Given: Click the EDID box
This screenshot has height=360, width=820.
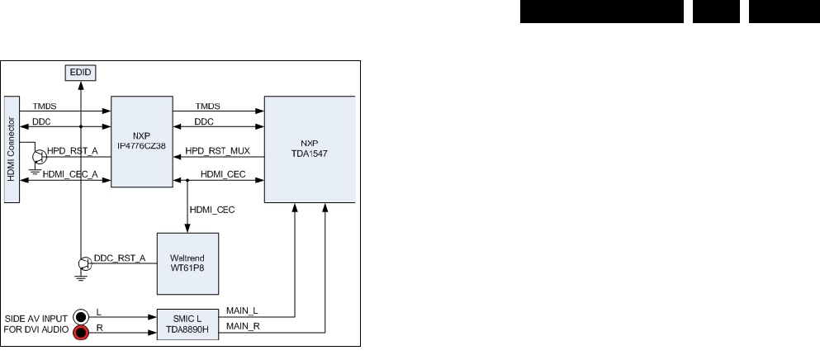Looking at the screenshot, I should click(x=81, y=73).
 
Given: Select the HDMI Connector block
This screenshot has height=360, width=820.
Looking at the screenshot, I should click(x=12, y=148).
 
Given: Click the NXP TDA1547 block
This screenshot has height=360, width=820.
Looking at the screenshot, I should click(x=310, y=149).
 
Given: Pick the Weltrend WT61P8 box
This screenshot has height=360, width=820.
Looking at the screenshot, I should click(x=187, y=263).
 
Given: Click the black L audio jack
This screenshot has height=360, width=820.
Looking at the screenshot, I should click(x=82, y=317).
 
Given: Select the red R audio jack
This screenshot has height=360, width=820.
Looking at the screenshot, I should click(x=82, y=334).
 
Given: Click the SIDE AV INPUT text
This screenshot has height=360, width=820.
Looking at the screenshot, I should click(x=36, y=318).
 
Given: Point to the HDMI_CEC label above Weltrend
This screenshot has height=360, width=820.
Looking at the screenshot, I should click(x=212, y=210).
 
